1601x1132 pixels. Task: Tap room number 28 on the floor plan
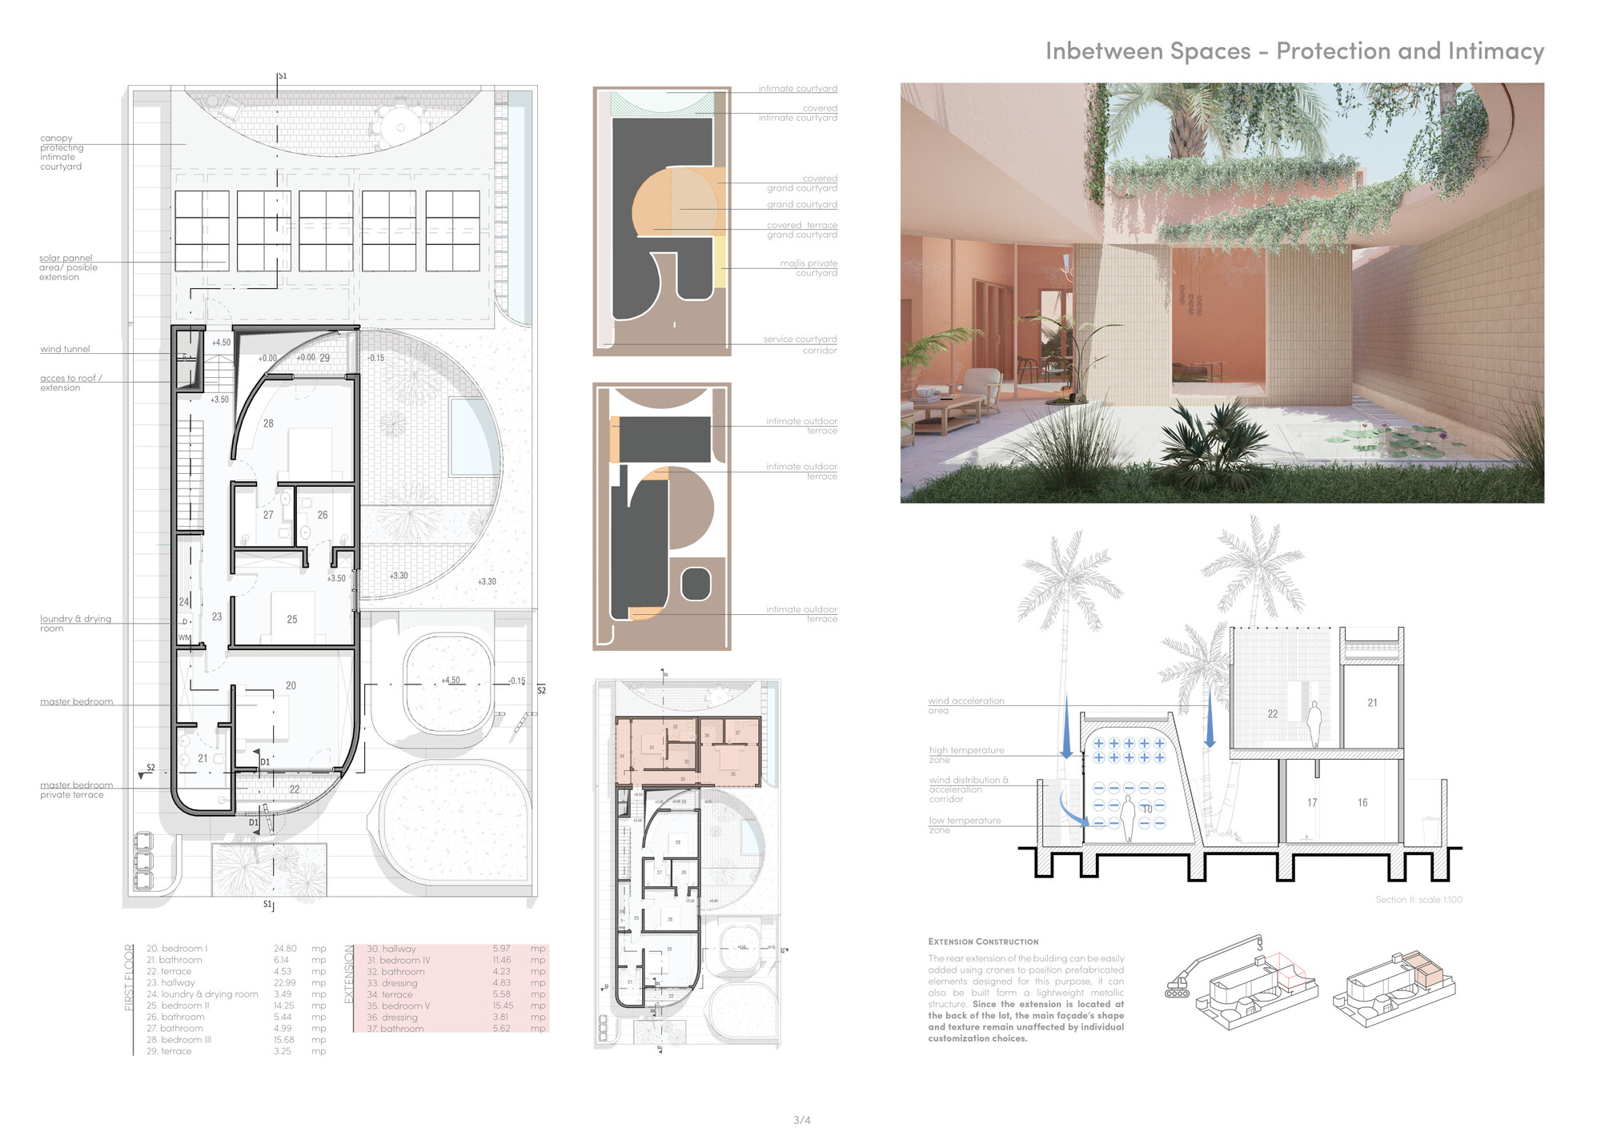pos(268,423)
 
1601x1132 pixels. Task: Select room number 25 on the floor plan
pos(292,620)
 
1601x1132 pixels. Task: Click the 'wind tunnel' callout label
pos(65,349)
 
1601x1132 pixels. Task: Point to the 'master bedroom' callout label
pos(76,702)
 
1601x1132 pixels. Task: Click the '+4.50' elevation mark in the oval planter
pos(451,680)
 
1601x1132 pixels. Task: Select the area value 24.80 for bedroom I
pos(284,949)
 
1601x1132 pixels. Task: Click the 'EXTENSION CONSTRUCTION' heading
pos(983,941)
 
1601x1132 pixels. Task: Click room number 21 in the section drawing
pos(1372,703)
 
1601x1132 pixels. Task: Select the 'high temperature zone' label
pos(965,754)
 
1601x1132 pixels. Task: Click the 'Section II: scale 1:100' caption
pos(1418,900)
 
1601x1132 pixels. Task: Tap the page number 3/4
pos(801,1120)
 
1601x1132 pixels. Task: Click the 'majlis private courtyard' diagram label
pos(809,268)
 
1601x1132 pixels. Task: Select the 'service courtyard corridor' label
pos(800,345)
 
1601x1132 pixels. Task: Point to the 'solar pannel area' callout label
pos(68,267)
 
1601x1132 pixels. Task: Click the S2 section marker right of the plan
pos(541,690)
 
